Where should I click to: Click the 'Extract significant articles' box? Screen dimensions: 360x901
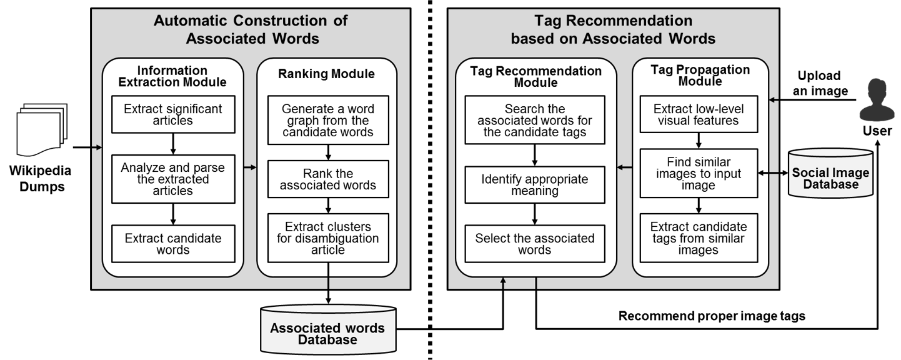(x=173, y=114)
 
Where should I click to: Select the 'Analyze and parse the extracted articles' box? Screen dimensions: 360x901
(x=173, y=179)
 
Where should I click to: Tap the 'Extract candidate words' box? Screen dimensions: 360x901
(x=173, y=244)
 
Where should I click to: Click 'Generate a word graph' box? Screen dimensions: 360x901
(x=328, y=120)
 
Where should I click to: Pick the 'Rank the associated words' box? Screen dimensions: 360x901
(x=328, y=179)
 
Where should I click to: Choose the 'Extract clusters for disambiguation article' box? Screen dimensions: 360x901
(x=328, y=237)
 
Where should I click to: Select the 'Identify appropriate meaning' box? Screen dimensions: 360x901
(x=534, y=185)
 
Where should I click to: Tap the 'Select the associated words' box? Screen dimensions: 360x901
(x=534, y=244)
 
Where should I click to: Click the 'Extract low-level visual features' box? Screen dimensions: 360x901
(x=699, y=114)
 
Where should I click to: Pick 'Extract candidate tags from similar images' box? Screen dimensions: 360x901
(x=699, y=237)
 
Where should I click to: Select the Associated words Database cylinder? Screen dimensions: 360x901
(x=327, y=329)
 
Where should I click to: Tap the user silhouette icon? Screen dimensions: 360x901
(x=876, y=100)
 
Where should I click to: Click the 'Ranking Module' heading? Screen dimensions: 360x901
(x=326, y=74)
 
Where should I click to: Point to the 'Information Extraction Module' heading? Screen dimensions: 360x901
(x=172, y=76)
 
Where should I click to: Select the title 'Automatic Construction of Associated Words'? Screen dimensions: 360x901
(x=251, y=29)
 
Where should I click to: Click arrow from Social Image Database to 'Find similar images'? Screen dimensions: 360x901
(x=773, y=172)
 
